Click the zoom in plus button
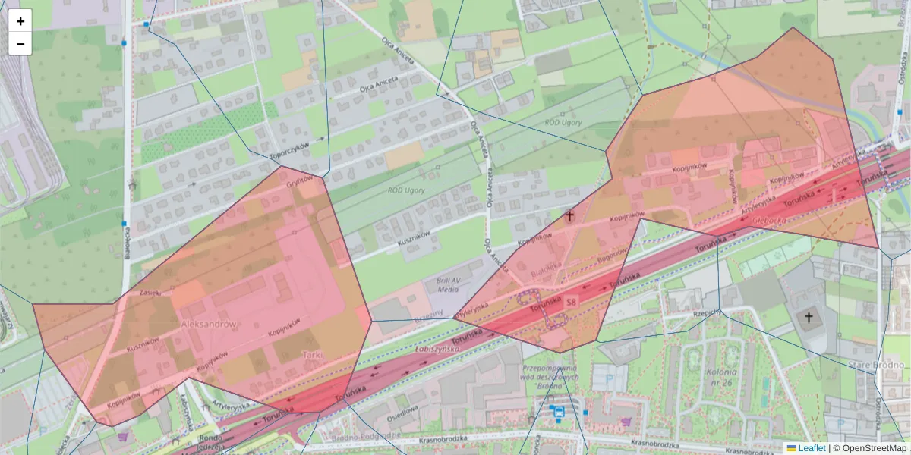[x=20, y=21]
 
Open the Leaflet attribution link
[x=811, y=448]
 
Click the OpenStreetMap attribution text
[x=869, y=448]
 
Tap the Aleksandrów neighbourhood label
[x=209, y=324]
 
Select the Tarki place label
[x=314, y=354]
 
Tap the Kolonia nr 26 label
[x=720, y=377]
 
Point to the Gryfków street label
[x=300, y=182]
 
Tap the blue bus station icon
[x=559, y=413]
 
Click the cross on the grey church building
[x=809, y=317]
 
